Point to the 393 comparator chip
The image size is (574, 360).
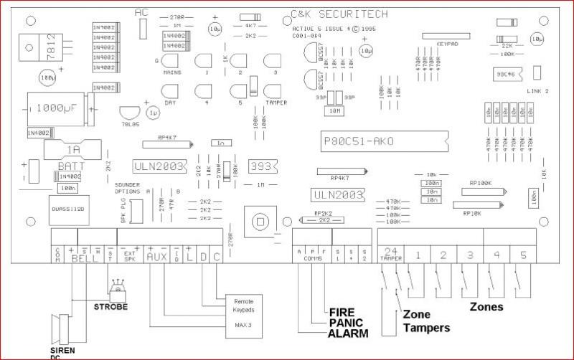pos(261,166)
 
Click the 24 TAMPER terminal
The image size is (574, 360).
pos(392,254)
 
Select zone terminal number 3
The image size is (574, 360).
pos(469,255)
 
